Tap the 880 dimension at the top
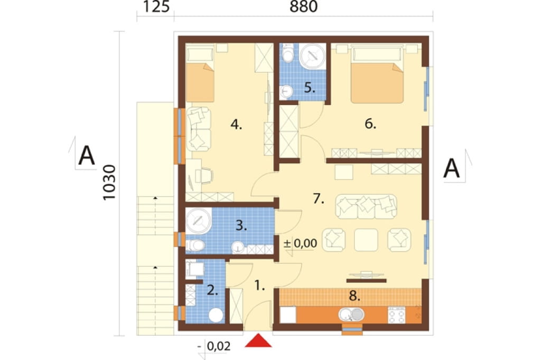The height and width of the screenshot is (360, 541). [x=303, y=6]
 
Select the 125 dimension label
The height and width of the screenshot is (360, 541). [x=156, y=6]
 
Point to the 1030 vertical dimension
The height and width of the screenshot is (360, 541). [x=110, y=183]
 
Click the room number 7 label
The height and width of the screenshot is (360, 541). [x=319, y=198]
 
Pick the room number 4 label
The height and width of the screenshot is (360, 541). [x=236, y=124]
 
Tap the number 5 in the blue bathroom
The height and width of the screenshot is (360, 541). [x=310, y=88]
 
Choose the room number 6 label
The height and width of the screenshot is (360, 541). [x=370, y=124]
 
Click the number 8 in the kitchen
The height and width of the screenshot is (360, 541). [x=355, y=296]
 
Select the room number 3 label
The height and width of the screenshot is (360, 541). [x=241, y=226]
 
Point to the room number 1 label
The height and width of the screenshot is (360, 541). [x=259, y=285]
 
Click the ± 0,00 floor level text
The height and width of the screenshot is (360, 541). [x=300, y=243]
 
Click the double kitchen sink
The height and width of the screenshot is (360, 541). [x=351, y=314]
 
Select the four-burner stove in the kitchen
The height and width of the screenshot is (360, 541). [x=396, y=315]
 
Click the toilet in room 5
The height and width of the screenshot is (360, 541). [x=287, y=53]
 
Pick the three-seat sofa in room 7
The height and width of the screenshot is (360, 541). [x=366, y=206]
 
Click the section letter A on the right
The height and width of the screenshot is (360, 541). [x=452, y=168]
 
